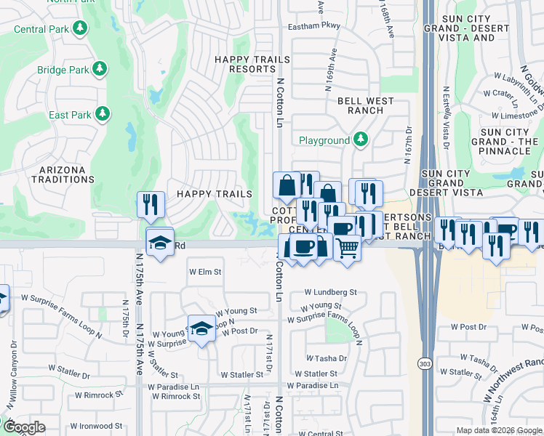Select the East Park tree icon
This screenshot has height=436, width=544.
tap(103, 114)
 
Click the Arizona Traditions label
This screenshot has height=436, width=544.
tap(58, 175)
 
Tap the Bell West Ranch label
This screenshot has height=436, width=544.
tap(361, 106)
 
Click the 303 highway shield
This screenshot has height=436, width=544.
tap(423, 362)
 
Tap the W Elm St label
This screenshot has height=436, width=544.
tap(204, 272)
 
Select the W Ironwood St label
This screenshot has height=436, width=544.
tap(96, 426)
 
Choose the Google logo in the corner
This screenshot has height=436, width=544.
tap(24, 427)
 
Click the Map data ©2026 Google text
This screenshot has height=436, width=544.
tap(498, 430)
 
